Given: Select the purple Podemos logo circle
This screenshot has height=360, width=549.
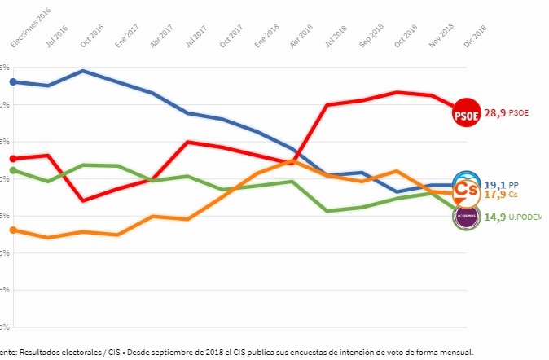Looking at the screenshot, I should pos(467,216).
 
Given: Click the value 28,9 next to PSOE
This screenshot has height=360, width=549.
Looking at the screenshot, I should pos(495,113).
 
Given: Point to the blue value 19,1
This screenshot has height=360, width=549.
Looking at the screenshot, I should pos(495,185).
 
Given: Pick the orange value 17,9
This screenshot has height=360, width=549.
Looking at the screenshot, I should pos(495,195).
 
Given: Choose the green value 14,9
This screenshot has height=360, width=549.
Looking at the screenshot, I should pos(495,217).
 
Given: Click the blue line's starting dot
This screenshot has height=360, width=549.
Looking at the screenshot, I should pos(13,81).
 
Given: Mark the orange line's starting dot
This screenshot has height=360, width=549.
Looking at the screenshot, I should pos(13,230).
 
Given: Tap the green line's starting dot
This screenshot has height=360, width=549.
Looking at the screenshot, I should pos(13,171).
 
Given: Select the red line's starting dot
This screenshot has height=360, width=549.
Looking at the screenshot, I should pos(13,158).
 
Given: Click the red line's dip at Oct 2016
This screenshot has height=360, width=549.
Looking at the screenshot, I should pos(83,200).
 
